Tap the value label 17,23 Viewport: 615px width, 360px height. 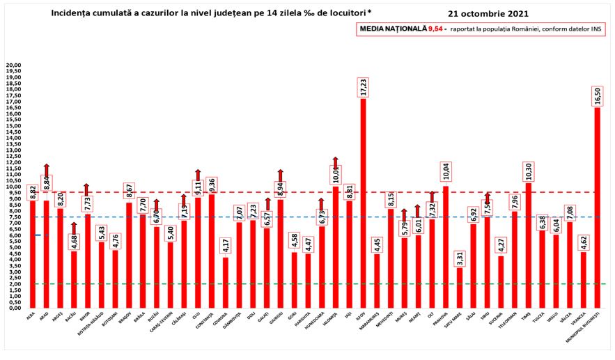tap(363, 87)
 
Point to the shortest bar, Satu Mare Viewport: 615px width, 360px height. tap(459, 288)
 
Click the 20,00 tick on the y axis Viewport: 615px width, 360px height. tap(14, 65)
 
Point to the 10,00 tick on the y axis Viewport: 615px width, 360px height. tap(14, 187)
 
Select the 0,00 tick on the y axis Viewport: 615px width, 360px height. tap(14, 308)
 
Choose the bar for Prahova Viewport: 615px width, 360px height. tap(445, 246)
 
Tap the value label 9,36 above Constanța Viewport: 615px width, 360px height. tap(212, 184)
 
